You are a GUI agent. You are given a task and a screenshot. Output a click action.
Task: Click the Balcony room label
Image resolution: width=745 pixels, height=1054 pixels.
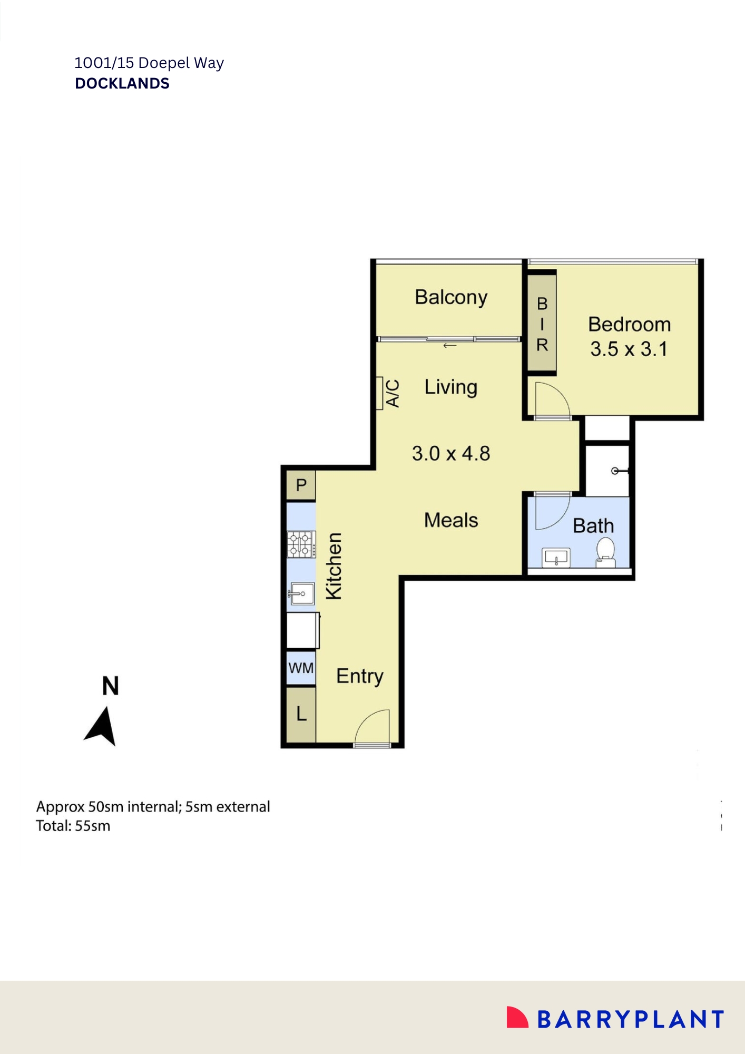(x=451, y=298)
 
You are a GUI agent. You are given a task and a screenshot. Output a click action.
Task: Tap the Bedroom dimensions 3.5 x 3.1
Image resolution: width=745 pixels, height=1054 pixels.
(x=629, y=349)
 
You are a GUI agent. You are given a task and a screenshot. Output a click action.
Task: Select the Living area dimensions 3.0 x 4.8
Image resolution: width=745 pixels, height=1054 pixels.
(x=451, y=453)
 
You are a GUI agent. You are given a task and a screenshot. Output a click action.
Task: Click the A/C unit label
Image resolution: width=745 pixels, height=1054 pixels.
(x=392, y=393)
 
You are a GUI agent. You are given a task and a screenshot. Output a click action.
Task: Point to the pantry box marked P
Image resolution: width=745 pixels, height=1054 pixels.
(x=301, y=485)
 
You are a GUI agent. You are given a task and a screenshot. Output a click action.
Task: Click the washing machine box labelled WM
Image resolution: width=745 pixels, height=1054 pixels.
(x=301, y=668)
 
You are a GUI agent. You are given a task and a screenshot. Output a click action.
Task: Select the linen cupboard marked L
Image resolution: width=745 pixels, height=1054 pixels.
(x=301, y=714)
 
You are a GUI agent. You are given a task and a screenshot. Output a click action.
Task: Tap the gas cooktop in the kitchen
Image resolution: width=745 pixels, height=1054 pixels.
(x=301, y=544)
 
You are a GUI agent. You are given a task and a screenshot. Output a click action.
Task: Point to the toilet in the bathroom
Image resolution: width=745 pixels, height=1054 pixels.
(x=606, y=551)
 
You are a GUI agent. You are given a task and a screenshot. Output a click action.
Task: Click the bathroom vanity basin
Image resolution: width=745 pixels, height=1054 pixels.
(x=556, y=558)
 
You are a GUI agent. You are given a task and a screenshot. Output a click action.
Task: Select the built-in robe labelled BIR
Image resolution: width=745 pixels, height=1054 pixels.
(x=542, y=324)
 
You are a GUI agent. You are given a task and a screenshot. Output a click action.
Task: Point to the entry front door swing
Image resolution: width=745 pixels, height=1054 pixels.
(x=372, y=727)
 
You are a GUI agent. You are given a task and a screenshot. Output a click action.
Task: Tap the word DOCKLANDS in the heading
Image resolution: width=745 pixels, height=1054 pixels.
(x=122, y=83)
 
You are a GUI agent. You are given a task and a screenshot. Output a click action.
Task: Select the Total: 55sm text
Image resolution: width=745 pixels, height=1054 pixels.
(x=73, y=826)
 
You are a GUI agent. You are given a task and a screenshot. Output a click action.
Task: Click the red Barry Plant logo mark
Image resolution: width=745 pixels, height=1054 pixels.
(x=516, y=1017)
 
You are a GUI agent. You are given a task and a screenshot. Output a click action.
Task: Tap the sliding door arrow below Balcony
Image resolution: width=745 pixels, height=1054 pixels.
(x=449, y=346)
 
